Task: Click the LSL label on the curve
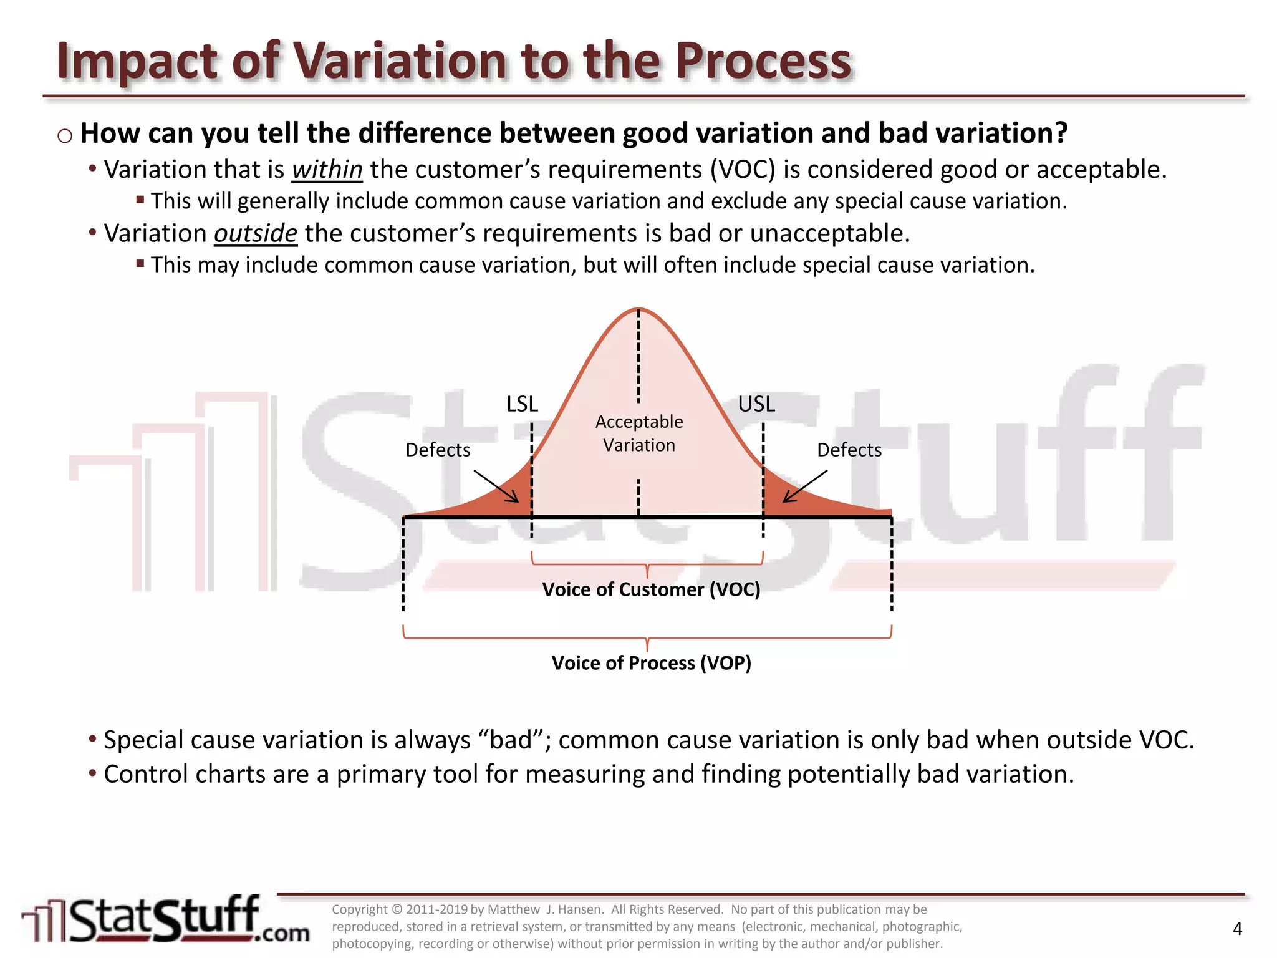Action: (522, 404)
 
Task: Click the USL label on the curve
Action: (756, 404)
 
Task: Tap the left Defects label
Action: (438, 450)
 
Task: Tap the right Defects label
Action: (849, 450)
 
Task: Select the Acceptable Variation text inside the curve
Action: (639, 433)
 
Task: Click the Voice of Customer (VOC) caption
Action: (651, 589)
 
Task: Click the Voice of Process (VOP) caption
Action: (651, 663)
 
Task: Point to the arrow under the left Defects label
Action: (496, 486)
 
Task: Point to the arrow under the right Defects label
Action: (804, 486)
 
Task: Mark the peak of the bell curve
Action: (638, 309)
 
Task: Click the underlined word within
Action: (327, 170)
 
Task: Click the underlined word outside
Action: (256, 233)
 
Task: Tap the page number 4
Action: (1238, 929)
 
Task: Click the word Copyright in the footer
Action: (360, 909)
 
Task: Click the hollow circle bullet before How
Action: (65, 135)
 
